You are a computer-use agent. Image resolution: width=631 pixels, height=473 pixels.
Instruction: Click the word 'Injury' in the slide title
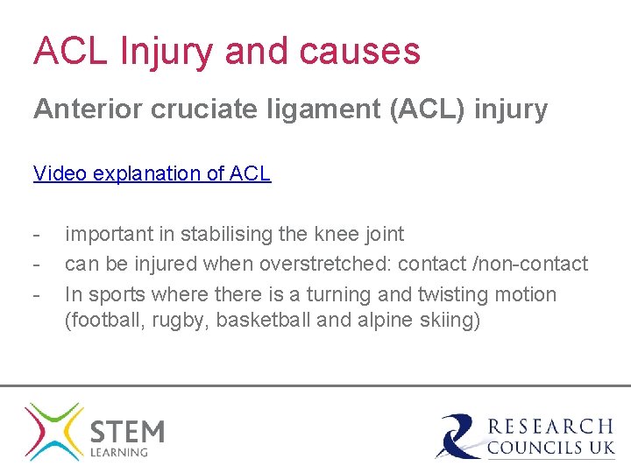[166, 52]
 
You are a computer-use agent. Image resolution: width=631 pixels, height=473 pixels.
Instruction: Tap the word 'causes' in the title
[359, 52]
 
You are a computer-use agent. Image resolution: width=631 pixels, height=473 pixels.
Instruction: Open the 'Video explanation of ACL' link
[152, 173]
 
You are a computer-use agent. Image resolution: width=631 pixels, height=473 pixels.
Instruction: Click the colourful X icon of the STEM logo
[53, 431]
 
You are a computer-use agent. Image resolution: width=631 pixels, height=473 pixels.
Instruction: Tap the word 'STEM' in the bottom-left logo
[127, 430]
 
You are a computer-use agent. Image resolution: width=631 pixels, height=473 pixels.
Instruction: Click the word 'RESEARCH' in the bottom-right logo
[550, 427]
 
